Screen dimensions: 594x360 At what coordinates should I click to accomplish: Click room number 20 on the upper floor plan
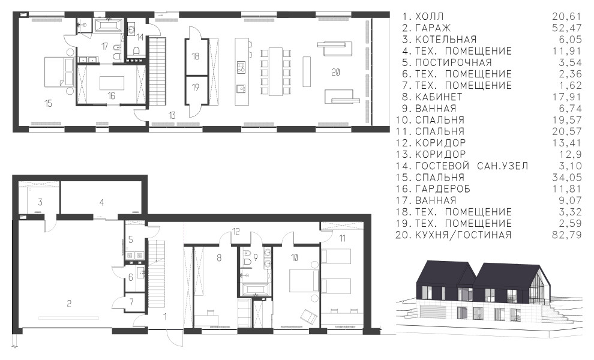(x=335, y=72)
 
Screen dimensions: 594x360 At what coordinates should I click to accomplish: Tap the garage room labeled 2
(x=69, y=304)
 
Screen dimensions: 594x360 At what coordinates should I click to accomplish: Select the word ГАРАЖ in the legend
(x=433, y=28)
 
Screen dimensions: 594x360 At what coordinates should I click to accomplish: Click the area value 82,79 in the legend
(x=567, y=235)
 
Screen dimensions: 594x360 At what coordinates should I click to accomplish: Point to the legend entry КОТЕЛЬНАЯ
(x=445, y=40)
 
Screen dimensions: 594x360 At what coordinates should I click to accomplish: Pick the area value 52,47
(x=567, y=28)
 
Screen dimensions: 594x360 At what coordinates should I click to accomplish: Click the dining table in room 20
(x=276, y=71)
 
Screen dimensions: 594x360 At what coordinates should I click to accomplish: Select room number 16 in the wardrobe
(x=111, y=96)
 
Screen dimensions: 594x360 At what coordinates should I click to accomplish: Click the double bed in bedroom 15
(x=55, y=71)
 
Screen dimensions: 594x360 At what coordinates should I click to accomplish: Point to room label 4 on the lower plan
(x=101, y=203)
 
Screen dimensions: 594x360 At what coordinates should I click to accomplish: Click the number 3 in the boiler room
(x=40, y=202)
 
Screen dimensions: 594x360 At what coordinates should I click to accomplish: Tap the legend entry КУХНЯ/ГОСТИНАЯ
(x=463, y=235)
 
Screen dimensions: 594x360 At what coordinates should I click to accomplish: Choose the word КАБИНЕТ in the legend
(x=439, y=97)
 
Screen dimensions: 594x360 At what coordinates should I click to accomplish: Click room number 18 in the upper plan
(x=196, y=56)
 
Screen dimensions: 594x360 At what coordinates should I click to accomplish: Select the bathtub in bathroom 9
(x=254, y=289)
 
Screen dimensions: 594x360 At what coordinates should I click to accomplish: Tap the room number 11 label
(x=342, y=238)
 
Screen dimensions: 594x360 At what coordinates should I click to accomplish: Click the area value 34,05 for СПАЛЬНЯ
(x=567, y=178)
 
